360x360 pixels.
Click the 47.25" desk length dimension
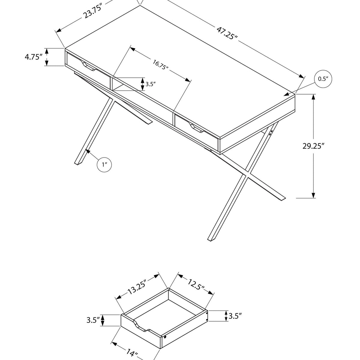227,33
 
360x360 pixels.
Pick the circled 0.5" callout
323,79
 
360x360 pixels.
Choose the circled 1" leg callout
104,164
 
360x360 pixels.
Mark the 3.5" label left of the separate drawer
93,320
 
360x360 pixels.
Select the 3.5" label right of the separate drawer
235,316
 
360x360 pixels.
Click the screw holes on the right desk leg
271,133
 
